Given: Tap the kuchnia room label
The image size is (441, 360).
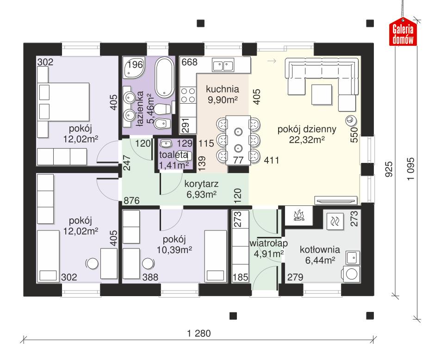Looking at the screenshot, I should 223,88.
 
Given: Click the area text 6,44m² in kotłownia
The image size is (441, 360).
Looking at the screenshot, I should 320,261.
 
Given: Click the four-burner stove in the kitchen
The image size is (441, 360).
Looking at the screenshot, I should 187,95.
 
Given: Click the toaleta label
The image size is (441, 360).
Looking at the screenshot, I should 173,155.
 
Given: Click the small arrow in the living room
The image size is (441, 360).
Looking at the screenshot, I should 273,61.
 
